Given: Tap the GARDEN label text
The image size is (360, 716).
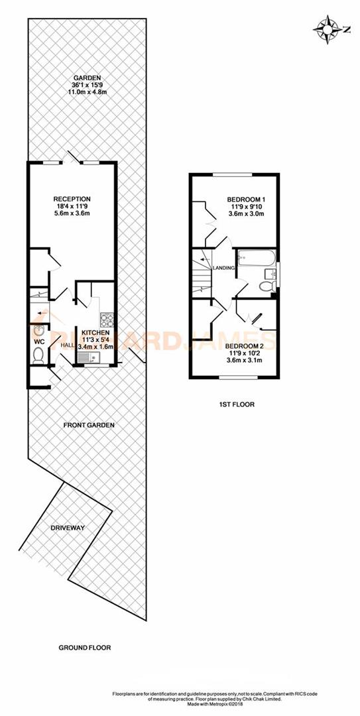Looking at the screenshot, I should click(82, 77).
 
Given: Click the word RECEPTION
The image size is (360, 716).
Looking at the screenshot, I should click(72, 200).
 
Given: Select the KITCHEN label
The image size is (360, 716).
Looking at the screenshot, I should click(95, 333).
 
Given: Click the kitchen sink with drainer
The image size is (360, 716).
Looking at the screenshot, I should click(88, 358).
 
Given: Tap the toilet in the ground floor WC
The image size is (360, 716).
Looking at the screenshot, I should click(37, 356).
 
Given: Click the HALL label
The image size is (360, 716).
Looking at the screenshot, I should click(68, 345).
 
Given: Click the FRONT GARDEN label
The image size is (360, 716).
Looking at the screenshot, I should click(89, 425).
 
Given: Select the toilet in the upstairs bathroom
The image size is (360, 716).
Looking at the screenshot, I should click(266, 286).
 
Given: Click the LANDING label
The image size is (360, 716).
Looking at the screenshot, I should click(223, 268).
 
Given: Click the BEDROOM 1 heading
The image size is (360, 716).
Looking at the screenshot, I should click(246, 200).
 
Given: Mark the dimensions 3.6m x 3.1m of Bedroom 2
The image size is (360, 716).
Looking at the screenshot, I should click(239, 360).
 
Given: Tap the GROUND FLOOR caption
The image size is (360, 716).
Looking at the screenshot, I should click(85, 647).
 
